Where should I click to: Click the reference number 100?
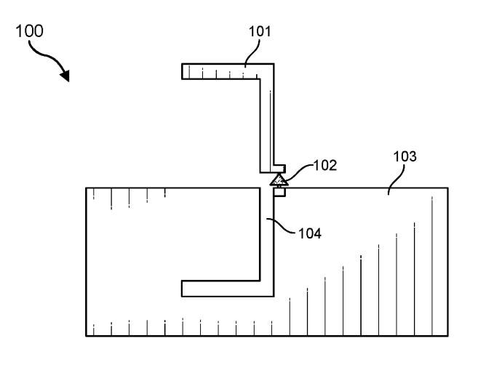tap(29, 31)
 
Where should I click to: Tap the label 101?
tap(260, 31)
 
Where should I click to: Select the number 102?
tap(325, 165)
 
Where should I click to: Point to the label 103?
tap(405, 156)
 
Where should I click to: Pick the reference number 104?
tap(310, 233)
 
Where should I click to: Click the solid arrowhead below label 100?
tap(65, 76)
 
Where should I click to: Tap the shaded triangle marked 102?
tap(279, 180)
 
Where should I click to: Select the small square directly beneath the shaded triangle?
tap(279, 191)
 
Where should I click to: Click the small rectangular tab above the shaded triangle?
tap(279, 169)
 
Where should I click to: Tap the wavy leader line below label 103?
tap(397, 180)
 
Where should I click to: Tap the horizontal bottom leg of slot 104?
tap(228, 289)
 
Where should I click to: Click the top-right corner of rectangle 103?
tap(447, 188)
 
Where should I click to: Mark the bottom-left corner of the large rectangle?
tap(86, 336)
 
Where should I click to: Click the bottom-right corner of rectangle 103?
tap(447, 336)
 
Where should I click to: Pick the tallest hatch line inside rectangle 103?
tap(432, 266)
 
